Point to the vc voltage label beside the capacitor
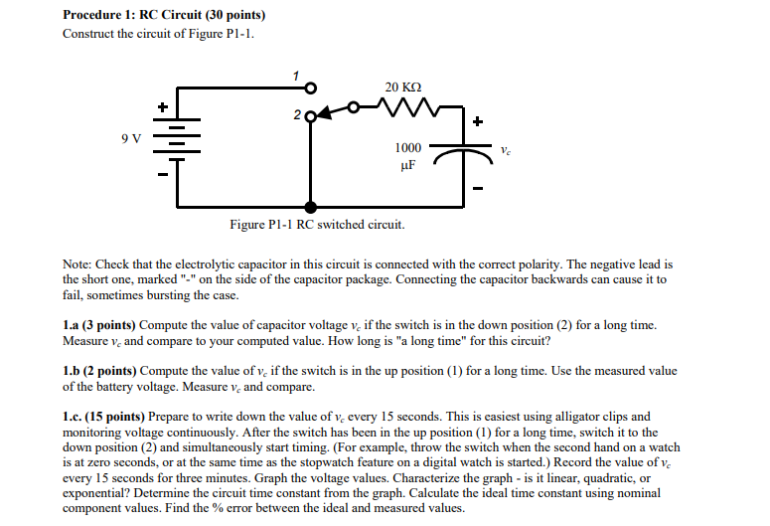(x=506, y=151)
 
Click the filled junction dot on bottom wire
(x=311, y=207)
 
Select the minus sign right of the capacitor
(x=478, y=187)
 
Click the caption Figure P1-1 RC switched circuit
(x=317, y=226)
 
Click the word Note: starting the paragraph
(x=77, y=264)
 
